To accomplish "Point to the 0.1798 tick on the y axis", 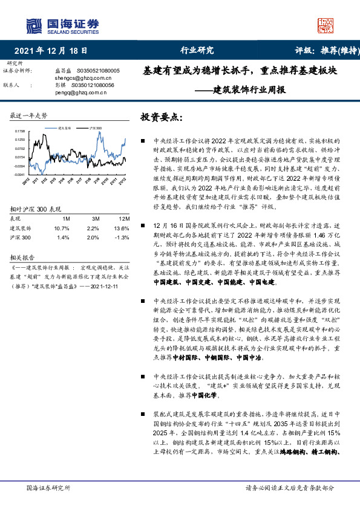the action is (20, 131).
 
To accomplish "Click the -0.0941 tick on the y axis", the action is (20, 174).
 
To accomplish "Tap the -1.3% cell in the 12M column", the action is (123, 236).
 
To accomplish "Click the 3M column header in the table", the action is (93, 219).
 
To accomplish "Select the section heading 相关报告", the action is (24, 256).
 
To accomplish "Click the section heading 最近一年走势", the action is (28, 115).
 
